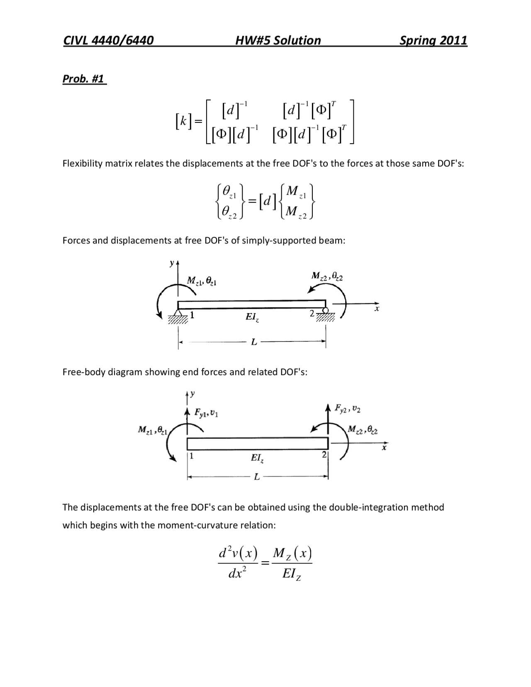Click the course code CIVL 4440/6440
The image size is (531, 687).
point(108,40)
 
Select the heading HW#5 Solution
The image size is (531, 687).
point(278,40)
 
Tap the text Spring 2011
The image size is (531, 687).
point(433,40)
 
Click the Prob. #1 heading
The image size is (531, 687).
point(83,79)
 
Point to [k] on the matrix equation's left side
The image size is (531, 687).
point(183,121)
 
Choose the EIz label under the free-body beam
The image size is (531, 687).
point(257,458)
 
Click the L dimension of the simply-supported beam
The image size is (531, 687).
point(254,342)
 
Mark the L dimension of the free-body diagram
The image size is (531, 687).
point(257,477)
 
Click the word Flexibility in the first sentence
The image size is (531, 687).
point(82,163)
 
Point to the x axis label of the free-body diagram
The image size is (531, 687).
point(385,448)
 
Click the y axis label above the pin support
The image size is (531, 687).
point(172,263)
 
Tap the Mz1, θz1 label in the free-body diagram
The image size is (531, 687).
point(152,430)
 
